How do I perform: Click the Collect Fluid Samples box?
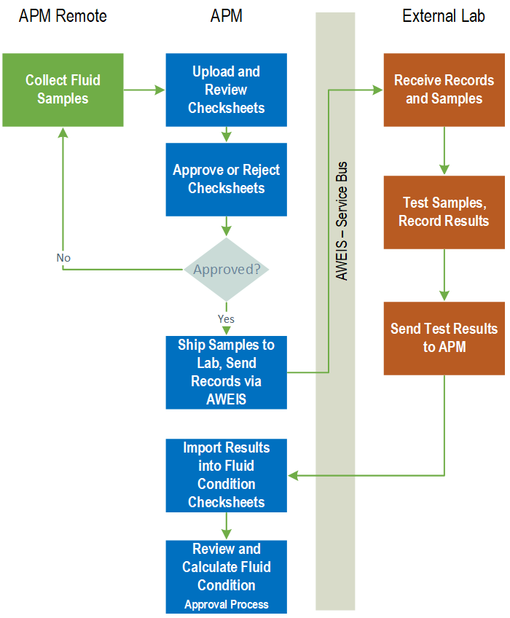tap(63, 90)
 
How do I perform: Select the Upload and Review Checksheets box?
tap(226, 90)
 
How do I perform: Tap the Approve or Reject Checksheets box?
tap(226, 179)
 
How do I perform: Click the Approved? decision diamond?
tap(227, 269)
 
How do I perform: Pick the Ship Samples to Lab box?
tap(226, 372)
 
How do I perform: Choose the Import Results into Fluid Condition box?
tap(226, 474)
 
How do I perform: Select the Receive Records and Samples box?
tap(444, 90)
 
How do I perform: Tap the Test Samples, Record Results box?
tap(444, 212)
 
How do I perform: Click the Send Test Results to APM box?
tap(444, 338)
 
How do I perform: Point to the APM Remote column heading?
tap(63, 16)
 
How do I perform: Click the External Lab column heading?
tap(444, 16)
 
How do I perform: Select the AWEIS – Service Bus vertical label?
tap(342, 221)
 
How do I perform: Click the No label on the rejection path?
tap(63, 258)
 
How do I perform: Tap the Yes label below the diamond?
tap(226, 318)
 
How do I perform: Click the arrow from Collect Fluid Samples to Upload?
tap(144, 90)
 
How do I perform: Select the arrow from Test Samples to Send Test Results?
tap(444, 275)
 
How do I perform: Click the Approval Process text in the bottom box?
tap(226, 604)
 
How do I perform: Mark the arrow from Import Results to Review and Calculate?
tap(226, 525)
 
